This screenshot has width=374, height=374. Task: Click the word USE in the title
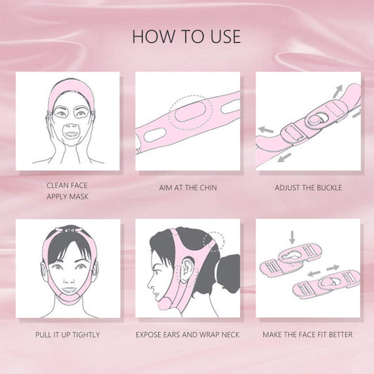click(225, 36)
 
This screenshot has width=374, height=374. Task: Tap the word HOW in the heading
click(154, 36)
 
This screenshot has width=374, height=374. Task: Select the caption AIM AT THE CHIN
click(188, 188)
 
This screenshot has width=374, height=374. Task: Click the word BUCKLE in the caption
click(329, 188)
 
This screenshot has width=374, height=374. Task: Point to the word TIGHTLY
click(86, 335)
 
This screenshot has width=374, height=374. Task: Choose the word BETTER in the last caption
click(340, 335)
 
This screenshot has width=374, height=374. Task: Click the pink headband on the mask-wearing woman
click(72, 88)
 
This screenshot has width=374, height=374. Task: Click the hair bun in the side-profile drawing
click(228, 274)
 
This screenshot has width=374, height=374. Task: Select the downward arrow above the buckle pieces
click(292, 237)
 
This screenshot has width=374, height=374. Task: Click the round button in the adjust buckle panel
click(314, 119)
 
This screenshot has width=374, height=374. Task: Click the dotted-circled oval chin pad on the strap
click(190, 111)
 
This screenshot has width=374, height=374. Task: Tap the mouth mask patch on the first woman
click(71, 133)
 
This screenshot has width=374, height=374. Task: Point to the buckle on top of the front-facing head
click(69, 230)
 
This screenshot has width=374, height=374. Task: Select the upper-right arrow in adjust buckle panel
click(338, 91)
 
